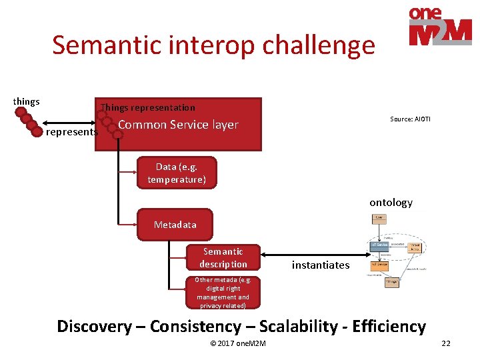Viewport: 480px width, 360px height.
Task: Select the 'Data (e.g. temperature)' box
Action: pyautogui.click(x=177, y=173)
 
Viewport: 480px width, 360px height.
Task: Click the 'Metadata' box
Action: pyautogui.click(x=175, y=225)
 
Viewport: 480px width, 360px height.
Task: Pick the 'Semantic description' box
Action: pyautogui.click(x=223, y=258)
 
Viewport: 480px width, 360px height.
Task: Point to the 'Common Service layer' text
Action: pyautogui.click(x=178, y=125)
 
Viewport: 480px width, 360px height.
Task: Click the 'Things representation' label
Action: pyautogui.click(x=148, y=107)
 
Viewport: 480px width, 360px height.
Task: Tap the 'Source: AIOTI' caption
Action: pyautogui.click(x=410, y=119)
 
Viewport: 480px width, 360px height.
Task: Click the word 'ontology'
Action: pyautogui.click(x=391, y=203)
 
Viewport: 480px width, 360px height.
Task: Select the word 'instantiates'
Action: pyautogui.click(x=321, y=265)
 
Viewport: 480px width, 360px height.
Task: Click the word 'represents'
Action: pyautogui.click(x=71, y=132)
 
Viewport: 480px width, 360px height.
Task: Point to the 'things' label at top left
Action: pyautogui.click(x=27, y=102)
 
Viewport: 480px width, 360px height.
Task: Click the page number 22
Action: pyautogui.click(x=446, y=343)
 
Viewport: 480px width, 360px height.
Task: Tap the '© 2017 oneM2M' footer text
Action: pyautogui.click(x=238, y=343)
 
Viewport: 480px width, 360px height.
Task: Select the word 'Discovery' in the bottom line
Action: pyautogui.click(x=94, y=327)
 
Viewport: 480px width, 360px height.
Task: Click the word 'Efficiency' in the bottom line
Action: pyautogui.click(x=389, y=327)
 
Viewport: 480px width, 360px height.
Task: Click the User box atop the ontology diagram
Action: pyautogui.click(x=379, y=217)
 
